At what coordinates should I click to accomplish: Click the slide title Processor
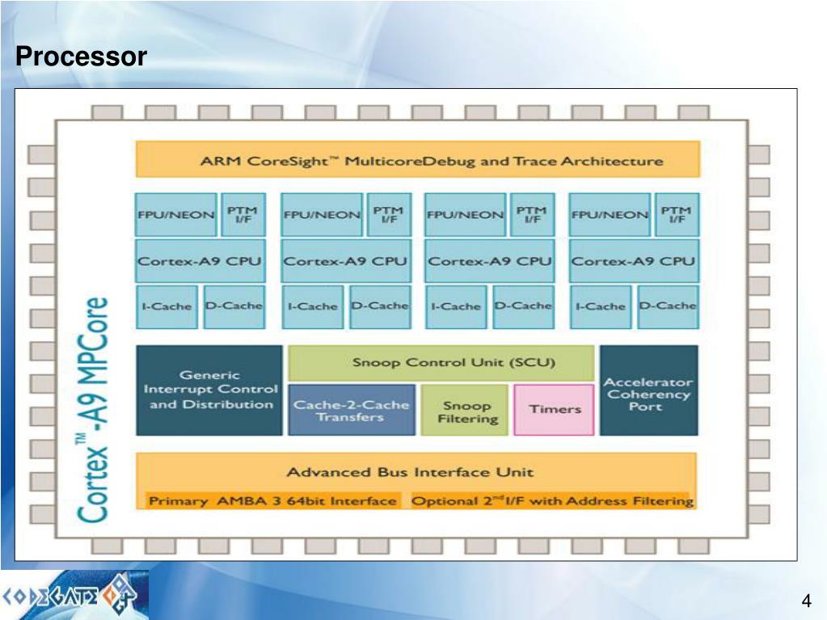point(81,57)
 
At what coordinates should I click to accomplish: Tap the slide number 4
point(805,601)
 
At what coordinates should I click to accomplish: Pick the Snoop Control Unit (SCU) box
point(441,362)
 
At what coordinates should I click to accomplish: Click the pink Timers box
point(555,409)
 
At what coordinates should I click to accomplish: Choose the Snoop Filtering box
point(466,411)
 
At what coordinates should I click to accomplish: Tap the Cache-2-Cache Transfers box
point(351,411)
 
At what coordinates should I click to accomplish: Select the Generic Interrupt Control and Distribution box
point(209,390)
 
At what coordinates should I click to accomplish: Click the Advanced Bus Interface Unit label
point(410,471)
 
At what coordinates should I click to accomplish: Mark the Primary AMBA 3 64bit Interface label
point(272,501)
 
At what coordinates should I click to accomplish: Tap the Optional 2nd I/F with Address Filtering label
point(551,501)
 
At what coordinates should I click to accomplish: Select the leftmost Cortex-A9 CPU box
point(200,261)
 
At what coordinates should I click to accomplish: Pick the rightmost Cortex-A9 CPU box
point(633,261)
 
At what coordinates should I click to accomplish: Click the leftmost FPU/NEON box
point(175,215)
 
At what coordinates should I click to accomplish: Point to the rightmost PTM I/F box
point(676,214)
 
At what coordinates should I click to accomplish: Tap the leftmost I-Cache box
point(167,306)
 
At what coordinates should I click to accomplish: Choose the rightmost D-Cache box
point(667,306)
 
